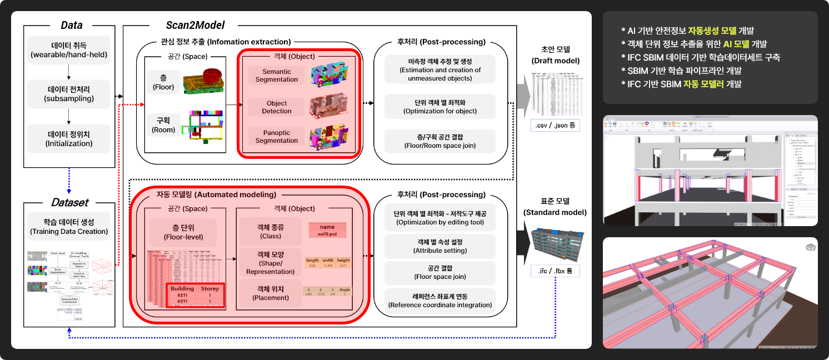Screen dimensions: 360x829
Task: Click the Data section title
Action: tap(71, 25)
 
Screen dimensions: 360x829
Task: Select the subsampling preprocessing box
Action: tap(69, 94)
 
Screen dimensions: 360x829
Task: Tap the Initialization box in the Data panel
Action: tap(69, 138)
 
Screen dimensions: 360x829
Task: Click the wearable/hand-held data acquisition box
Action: tap(69, 50)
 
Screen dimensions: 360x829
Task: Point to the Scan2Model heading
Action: tap(194, 25)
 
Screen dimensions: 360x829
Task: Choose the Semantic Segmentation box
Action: tap(277, 76)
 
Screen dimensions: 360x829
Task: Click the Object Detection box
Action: tap(277, 107)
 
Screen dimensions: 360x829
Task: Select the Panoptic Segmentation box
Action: tap(277, 137)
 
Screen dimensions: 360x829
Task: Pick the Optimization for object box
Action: tap(440, 107)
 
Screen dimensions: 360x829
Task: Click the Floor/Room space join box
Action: tap(440, 142)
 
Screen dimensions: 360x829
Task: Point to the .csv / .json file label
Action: tap(555, 126)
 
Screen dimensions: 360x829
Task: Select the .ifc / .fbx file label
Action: tap(555, 272)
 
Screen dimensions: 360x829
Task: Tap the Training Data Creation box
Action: tap(69, 227)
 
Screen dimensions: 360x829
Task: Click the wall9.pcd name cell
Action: tap(327, 230)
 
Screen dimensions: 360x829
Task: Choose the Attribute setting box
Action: tap(440, 246)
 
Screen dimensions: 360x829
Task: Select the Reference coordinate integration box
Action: tap(440, 300)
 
